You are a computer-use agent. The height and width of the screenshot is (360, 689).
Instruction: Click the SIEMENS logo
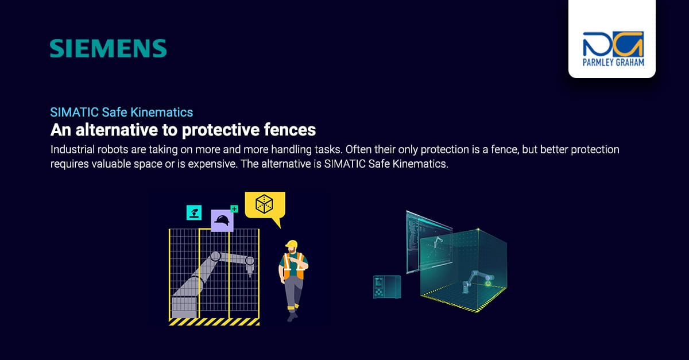(x=108, y=49)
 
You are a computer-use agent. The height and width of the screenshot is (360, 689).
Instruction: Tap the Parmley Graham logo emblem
(x=612, y=44)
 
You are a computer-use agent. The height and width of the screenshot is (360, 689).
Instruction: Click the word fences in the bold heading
(x=287, y=129)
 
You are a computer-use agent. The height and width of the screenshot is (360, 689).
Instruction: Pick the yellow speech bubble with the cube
(x=265, y=206)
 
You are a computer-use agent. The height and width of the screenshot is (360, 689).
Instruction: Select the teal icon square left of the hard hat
(x=194, y=212)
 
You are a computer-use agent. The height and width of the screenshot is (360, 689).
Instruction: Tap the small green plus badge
(x=234, y=209)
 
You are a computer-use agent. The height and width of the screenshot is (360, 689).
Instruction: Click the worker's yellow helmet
(x=292, y=245)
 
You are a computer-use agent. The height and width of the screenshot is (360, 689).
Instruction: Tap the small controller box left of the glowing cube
(x=387, y=287)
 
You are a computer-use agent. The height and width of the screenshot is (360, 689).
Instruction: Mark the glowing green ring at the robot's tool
(x=489, y=282)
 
